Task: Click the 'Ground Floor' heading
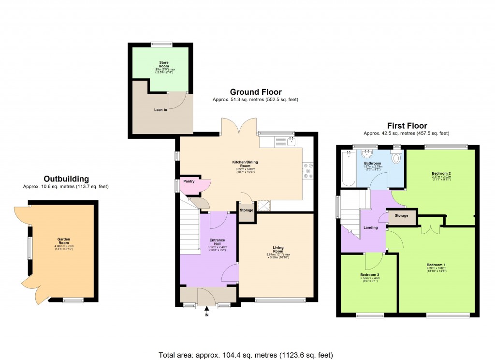pos(255,92)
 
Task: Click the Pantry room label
pos(189,181)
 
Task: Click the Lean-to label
pos(161,109)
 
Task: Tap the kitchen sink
pos(291,141)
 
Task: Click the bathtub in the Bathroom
pos(349,168)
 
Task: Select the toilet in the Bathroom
pos(396,157)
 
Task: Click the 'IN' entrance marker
pos(206,315)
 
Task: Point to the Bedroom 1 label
pos(436,265)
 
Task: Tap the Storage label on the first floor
pos(401,215)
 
